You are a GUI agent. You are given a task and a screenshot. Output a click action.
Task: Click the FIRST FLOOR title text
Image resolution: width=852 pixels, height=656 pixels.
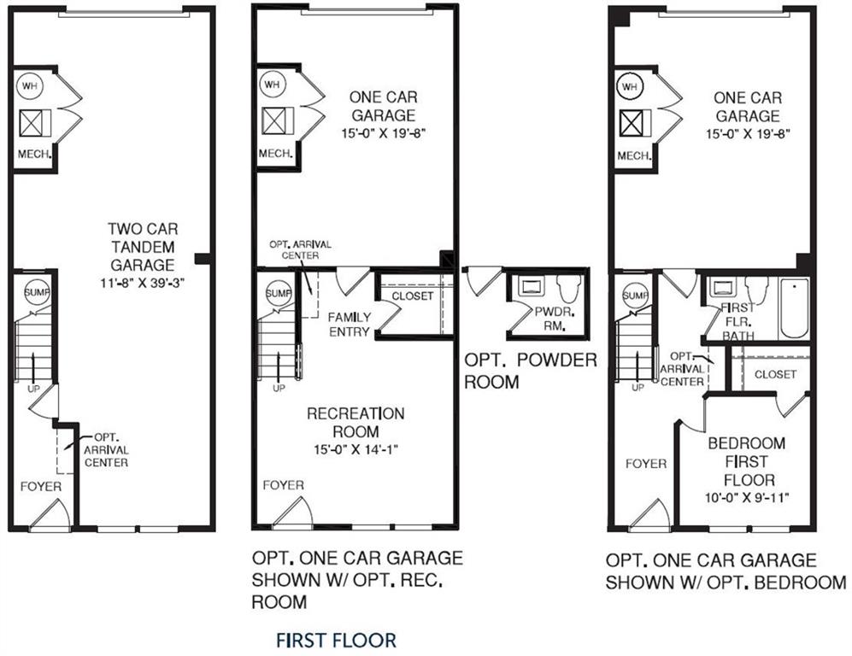(336, 639)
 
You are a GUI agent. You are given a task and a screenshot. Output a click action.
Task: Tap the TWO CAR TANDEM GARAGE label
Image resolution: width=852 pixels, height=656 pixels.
(142, 247)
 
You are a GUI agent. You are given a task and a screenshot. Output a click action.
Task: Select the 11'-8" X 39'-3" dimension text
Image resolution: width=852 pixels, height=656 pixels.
(142, 283)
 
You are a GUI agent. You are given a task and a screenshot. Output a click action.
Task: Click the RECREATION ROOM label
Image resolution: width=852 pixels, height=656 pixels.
(355, 423)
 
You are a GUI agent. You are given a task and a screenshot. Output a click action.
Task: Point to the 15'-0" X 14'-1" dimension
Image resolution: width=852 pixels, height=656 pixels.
(355, 449)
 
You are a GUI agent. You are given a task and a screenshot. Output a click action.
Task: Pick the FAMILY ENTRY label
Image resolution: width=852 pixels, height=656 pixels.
(350, 324)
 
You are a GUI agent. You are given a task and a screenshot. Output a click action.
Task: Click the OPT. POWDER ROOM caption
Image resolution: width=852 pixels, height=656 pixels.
(530, 370)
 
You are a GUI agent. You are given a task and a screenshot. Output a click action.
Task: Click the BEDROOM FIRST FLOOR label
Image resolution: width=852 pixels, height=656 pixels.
(741, 461)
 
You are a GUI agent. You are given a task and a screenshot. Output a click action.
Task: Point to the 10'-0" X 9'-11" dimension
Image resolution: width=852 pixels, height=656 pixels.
(741, 496)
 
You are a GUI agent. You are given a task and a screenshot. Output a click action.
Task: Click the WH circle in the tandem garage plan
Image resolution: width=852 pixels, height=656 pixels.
(31, 86)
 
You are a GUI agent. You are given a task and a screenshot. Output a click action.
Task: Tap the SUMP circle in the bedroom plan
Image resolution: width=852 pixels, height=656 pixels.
(633, 296)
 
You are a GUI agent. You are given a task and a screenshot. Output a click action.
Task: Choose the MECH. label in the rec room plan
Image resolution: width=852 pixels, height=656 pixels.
(277, 155)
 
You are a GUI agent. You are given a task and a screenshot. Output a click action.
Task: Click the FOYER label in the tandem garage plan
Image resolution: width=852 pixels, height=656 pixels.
(41, 486)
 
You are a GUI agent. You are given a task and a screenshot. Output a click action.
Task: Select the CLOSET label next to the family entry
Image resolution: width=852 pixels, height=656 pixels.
(413, 296)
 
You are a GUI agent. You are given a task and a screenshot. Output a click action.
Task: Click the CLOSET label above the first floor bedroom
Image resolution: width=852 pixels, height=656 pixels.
(775, 374)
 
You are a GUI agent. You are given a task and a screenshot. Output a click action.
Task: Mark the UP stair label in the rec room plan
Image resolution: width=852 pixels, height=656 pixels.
(279, 389)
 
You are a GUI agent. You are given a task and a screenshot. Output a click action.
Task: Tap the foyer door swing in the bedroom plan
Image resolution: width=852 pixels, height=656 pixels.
(649, 516)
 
